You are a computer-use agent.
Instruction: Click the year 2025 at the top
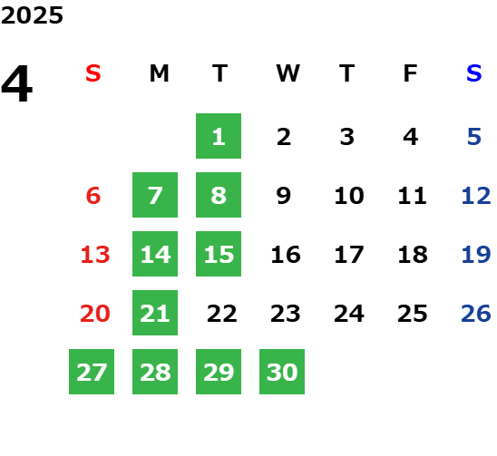tap(32, 15)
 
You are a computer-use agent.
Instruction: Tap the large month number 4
tap(17, 83)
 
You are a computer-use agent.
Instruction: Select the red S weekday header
tap(93, 73)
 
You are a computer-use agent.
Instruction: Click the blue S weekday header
tap(474, 73)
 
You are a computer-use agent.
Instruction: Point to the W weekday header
tap(287, 73)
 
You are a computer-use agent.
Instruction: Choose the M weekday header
tap(159, 73)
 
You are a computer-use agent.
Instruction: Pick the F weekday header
tap(411, 73)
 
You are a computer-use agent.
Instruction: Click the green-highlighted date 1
tap(219, 136)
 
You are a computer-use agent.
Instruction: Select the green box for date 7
tap(155, 195)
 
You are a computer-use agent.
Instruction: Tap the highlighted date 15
tap(219, 254)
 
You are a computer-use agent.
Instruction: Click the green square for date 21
tap(155, 313)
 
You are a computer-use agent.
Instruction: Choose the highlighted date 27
tap(92, 372)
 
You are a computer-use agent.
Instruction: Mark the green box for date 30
tap(282, 372)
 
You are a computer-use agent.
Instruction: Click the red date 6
tap(93, 196)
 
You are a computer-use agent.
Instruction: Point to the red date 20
tap(95, 314)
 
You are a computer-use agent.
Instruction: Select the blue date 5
tap(474, 137)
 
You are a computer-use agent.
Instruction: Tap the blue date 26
tap(476, 314)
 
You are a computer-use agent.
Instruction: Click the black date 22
tap(222, 314)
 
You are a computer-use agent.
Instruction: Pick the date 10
tap(349, 196)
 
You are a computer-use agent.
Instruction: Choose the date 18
tap(413, 255)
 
